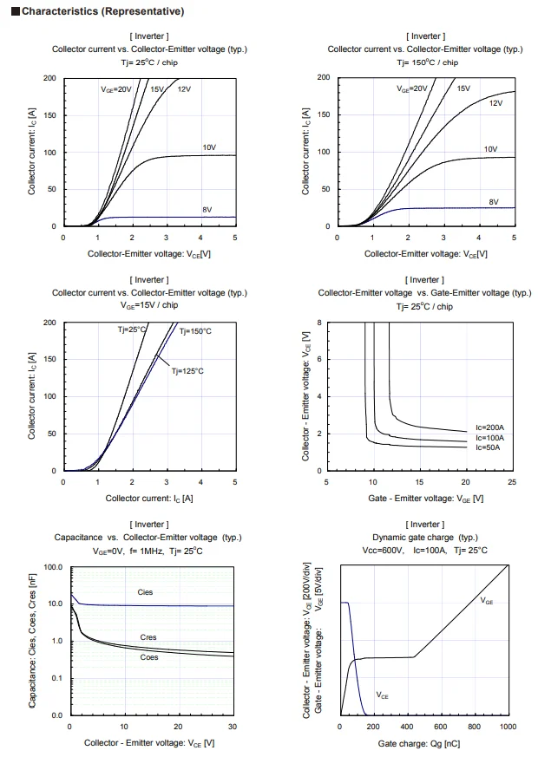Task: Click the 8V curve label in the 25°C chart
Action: pyautogui.click(x=207, y=210)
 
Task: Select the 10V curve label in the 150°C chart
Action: pyautogui.click(x=490, y=149)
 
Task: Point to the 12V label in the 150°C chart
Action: pyautogui.click(x=495, y=103)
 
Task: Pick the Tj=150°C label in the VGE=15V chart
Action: pyautogui.click(x=195, y=331)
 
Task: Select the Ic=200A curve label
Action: pyautogui.click(x=489, y=427)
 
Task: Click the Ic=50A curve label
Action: pyautogui.click(x=489, y=447)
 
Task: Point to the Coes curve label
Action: pyautogui.click(x=149, y=657)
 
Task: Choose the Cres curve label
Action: pyautogui.click(x=148, y=637)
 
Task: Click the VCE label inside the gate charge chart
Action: pyautogui.click(x=383, y=695)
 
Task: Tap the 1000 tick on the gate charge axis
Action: pyautogui.click(x=508, y=727)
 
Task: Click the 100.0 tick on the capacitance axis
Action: pyautogui.click(x=52, y=567)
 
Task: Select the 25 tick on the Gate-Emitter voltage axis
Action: pyautogui.click(x=511, y=482)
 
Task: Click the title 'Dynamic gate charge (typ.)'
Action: pyautogui.click(x=424, y=538)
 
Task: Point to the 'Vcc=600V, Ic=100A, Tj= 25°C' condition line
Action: pyautogui.click(x=424, y=551)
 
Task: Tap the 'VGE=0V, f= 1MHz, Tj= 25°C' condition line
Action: pyautogui.click(x=148, y=551)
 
